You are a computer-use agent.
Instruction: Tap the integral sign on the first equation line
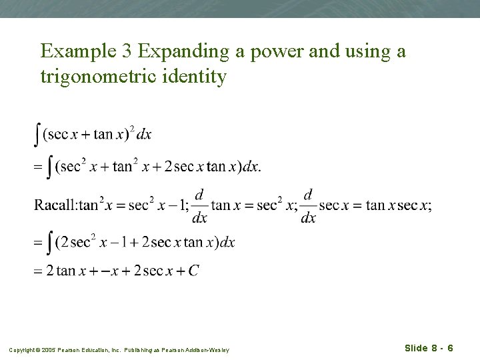[37, 134]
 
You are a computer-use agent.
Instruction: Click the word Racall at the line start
[55, 205]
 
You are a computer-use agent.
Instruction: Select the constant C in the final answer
[193, 270]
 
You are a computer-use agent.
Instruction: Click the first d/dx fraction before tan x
[199, 205]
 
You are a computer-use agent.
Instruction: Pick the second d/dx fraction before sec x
[308, 205]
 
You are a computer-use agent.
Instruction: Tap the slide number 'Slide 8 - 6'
[429, 348]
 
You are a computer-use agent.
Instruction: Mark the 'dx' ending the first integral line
[143, 135]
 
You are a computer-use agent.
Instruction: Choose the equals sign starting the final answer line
[38, 271]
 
